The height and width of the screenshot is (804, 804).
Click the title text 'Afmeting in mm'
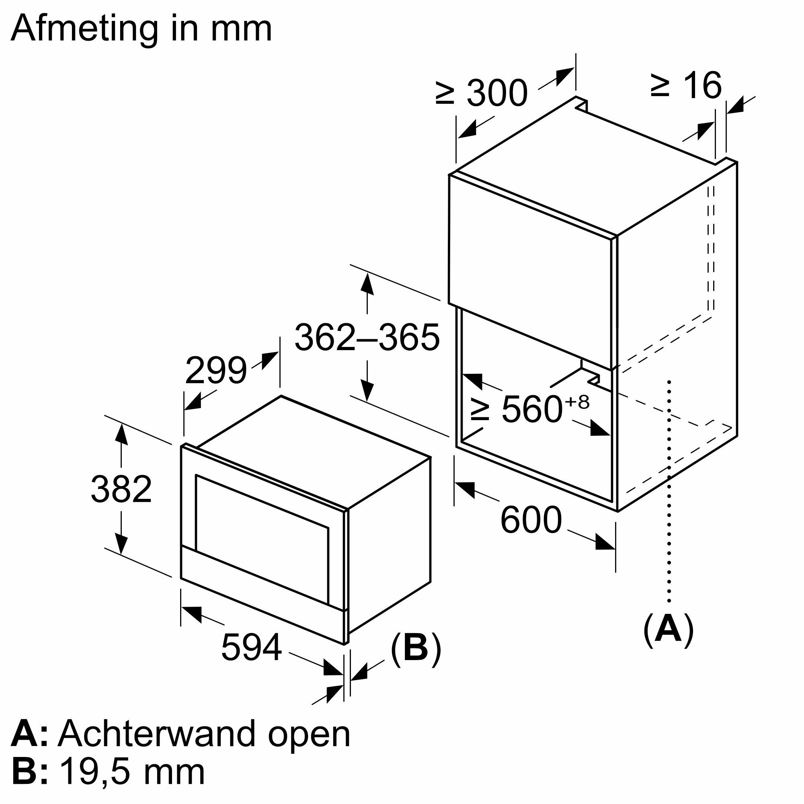click(141, 29)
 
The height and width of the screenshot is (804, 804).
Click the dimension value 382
click(121, 489)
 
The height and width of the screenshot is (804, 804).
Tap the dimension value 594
click(251, 647)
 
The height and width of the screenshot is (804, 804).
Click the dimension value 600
click(531, 520)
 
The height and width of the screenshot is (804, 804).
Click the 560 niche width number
click(532, 410)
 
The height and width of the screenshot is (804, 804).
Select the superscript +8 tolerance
click(578, 402)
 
